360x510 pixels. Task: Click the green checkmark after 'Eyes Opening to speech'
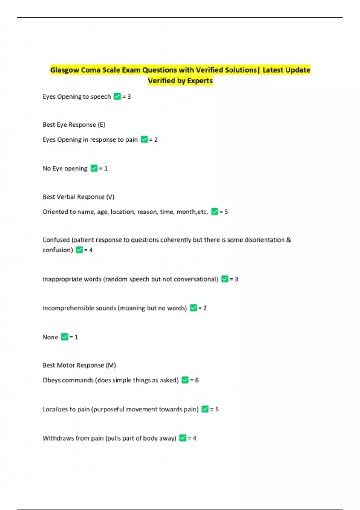(117, 97)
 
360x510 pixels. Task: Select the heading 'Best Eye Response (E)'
(74, 124)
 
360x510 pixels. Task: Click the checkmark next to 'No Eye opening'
(94, 168)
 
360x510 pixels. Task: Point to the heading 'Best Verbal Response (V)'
(78, 197)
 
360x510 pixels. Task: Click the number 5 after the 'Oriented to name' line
(226, 212)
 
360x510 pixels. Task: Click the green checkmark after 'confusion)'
(79, 250)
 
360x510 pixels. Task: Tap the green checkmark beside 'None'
(64, 337)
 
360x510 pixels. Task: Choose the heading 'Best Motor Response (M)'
(79, 365)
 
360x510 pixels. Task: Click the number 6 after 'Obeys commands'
(197, 380)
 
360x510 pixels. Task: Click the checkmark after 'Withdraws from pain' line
(183, 438)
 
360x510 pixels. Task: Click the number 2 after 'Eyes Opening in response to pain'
(156, 139)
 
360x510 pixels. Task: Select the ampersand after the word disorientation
(289, 240)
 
